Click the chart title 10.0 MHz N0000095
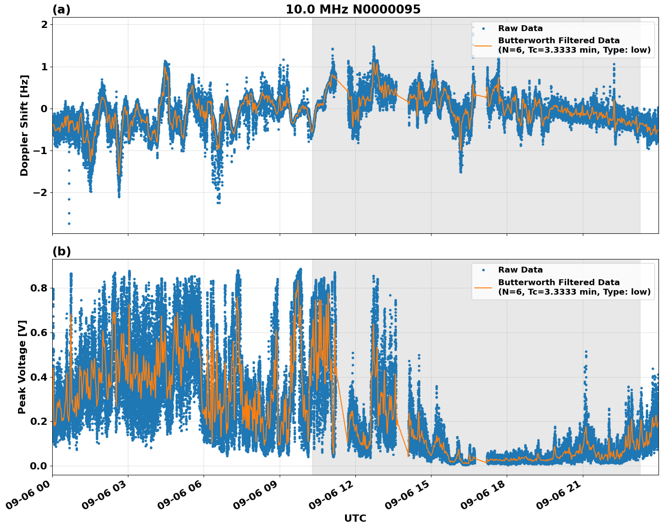353,9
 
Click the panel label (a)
61,9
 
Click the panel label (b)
61,251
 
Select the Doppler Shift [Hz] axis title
24,125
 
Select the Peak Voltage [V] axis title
22,367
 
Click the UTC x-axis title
355,518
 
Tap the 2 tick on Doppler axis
45,25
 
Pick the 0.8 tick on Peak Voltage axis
39,288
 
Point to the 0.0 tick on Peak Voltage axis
39,466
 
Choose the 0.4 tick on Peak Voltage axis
39,377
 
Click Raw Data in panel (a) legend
520,28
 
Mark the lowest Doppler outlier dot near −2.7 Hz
69,223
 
